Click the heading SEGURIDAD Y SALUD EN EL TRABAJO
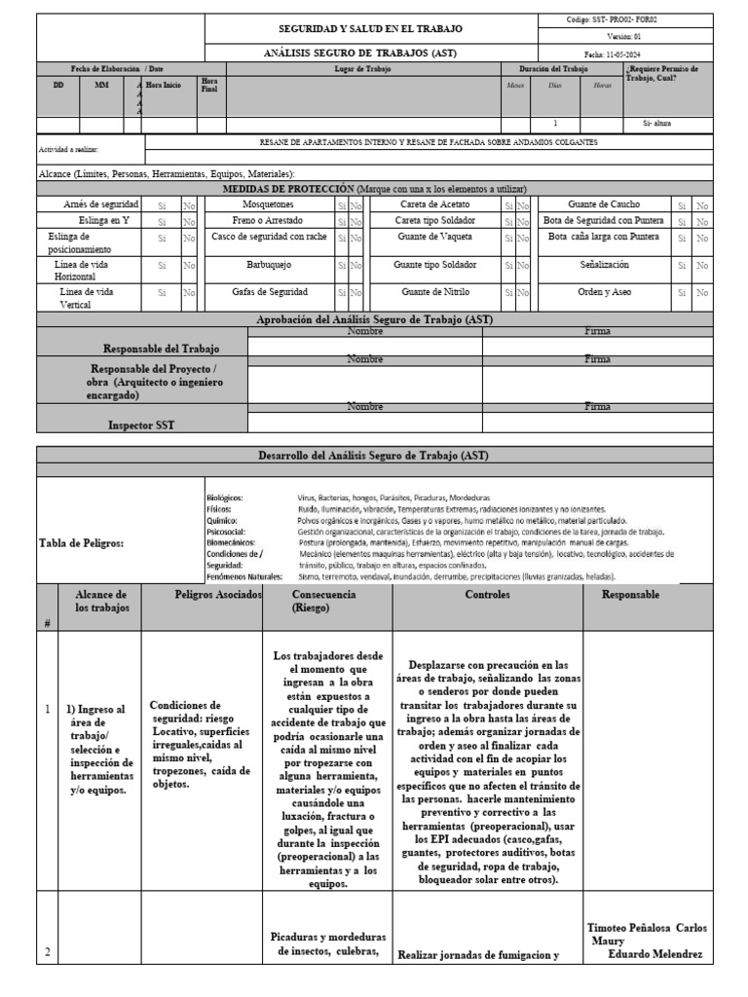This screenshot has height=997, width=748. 371,29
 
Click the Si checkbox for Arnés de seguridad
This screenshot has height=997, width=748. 162,204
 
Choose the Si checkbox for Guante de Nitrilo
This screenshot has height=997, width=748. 508,291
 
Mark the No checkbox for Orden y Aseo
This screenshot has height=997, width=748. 703,291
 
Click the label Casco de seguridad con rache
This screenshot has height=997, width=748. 269,237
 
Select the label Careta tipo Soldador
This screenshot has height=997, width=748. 434,220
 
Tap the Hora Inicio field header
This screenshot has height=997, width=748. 163,85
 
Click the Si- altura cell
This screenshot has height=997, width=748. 657,125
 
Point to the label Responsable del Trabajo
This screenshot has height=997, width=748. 162,349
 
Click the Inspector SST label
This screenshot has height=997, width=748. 142,425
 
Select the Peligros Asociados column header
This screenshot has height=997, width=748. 201,594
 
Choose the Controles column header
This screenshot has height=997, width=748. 487,594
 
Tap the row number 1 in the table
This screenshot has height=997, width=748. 47,736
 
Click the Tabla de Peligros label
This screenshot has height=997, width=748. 81,543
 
